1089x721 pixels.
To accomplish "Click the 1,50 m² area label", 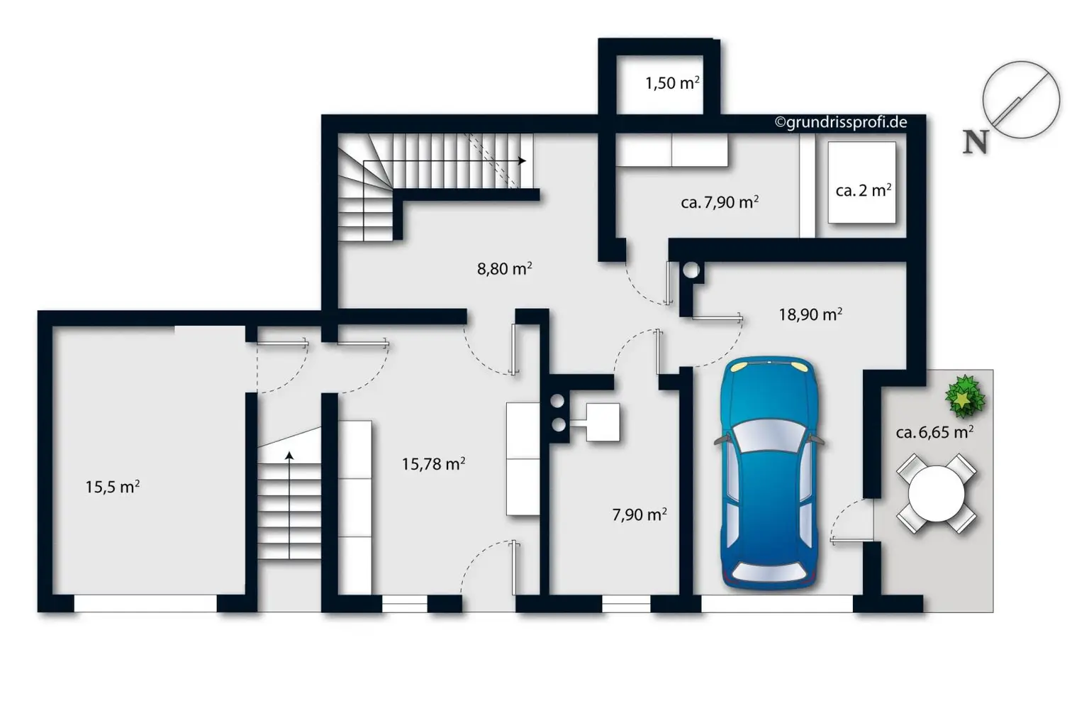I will tap(671, 83).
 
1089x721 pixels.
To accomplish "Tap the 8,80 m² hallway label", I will tap(504, 269).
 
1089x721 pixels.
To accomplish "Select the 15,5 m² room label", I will tap(112, 487).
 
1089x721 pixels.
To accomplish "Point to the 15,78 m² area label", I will tap(433, 464).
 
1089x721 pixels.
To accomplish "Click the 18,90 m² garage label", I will tap(810, 314).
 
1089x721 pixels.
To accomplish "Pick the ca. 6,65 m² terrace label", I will tap(934, 432).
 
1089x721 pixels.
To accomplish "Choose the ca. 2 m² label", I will tap(863, 190).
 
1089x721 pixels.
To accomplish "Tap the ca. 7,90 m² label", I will tap(719, 202).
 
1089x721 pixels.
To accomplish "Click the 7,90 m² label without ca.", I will tap(639, 514).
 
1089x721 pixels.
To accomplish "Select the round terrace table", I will tap(937, 493).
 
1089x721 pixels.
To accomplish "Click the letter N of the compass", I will tap(975, 142).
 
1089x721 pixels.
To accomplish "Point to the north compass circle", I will tap(1021, 100).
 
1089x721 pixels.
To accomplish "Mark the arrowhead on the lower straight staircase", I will tap(289, 456).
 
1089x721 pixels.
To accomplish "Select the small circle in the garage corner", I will tap(691, 270).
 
